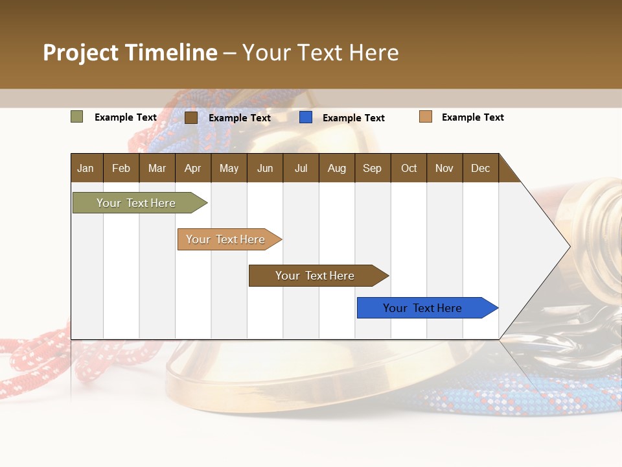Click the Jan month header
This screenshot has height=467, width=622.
pos(86,168)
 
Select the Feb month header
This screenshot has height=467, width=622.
pos(121,168)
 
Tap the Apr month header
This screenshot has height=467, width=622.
pos(192,168)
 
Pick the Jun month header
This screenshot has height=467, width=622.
pos(265,168)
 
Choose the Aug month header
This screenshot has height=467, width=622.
pos(337,168)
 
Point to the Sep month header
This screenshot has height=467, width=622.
pos(373,168)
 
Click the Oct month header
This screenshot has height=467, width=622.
pos(409,168)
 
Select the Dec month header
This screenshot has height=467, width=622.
pos(481,168)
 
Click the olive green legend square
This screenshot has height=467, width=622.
pos(77,117)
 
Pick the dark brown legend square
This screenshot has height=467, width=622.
pos(191,117)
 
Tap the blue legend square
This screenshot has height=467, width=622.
pos(306,117)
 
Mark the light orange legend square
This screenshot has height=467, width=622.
pos(426,117)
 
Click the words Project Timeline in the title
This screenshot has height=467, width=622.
pos(130,53)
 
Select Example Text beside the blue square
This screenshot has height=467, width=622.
pos(354,118)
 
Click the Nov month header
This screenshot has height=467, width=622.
pos(444,168)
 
